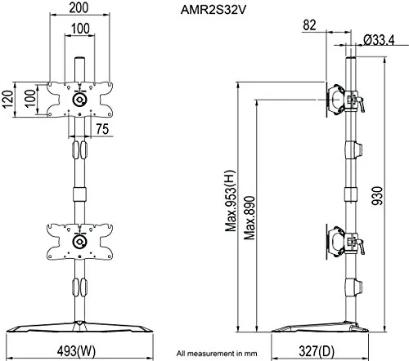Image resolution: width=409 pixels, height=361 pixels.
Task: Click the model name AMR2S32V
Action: (x=213, y=11)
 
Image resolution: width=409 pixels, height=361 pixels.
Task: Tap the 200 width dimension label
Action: (x=79, y=7)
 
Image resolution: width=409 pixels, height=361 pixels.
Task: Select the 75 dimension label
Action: (x=102, y=129)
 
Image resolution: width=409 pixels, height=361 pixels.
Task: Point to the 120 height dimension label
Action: (x=8, y=100)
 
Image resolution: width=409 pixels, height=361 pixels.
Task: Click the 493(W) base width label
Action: (x=76, y=351)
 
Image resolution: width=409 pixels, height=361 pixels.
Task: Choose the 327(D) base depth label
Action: (x=317, y=351)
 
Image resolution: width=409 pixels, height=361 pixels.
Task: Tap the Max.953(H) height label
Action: (x=231, y=201)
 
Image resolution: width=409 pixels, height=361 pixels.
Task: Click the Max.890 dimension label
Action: (x=249, y=218)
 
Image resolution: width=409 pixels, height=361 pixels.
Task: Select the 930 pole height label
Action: (x=378, y=195)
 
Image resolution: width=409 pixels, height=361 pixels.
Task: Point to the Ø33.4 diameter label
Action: (x=379, y=40)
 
